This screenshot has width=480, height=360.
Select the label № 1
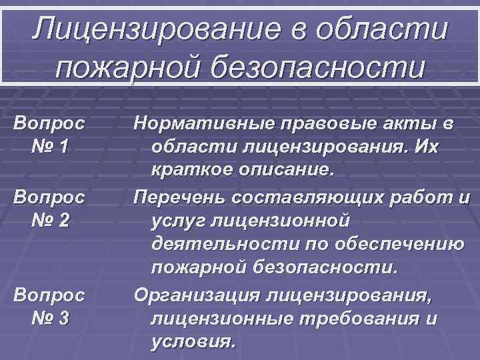pyautogui.click(x=49, y=147)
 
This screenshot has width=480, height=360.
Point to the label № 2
pyautogui.click(x=49, y=220)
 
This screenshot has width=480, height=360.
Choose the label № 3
pyautogui.click(x=49, y=318)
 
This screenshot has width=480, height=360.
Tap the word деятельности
pyautogui.click(x=217, y=245)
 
